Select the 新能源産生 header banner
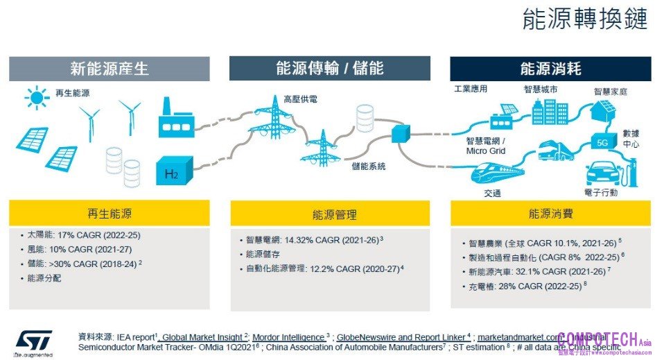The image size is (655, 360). [110, 69]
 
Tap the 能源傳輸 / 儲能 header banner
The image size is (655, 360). [329, 69]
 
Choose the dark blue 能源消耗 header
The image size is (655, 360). [550, 69]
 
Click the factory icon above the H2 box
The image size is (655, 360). [174, 119]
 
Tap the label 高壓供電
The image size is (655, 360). [300, 99]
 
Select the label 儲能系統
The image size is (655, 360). [368, 166]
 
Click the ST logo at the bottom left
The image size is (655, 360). [33, 341]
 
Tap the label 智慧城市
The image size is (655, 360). [541, 89]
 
